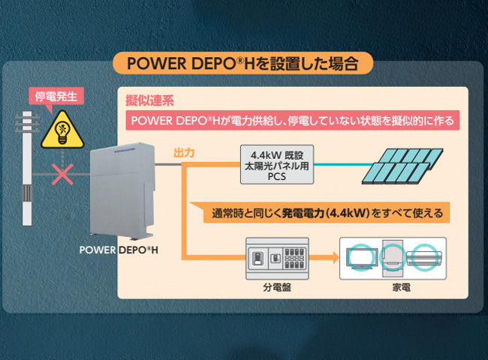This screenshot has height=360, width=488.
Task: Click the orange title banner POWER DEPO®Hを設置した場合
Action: [242, 64]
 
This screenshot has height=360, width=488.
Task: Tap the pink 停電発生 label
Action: [56, 96]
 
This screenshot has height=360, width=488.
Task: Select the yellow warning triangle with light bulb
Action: [62, 130]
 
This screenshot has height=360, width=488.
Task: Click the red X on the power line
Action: [62, 174]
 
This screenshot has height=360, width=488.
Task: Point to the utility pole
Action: [27, 168]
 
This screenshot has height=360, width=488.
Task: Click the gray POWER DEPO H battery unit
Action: [122, 191]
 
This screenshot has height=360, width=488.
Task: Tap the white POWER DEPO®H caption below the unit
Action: [119, 250]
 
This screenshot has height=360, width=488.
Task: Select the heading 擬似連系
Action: [149, 100]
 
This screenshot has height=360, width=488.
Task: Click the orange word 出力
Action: [184, 153]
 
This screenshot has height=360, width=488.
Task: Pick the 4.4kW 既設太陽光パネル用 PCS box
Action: [277, 164]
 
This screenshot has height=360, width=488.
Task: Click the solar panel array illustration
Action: [402, 166]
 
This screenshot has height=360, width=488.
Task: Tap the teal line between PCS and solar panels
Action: [343, 164]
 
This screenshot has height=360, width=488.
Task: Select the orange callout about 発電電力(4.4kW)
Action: [320, 213]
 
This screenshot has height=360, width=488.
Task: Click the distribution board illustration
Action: [277, 259]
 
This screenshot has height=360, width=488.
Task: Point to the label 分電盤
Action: [277, 287]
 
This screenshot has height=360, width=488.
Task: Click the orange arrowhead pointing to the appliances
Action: [336, 257]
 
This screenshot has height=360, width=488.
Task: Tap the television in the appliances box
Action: [362, 259]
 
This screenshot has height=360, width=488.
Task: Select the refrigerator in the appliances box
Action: [393, 258]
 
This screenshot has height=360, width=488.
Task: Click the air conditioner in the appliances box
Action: [424, 258]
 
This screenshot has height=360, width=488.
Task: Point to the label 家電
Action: [401, 287]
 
